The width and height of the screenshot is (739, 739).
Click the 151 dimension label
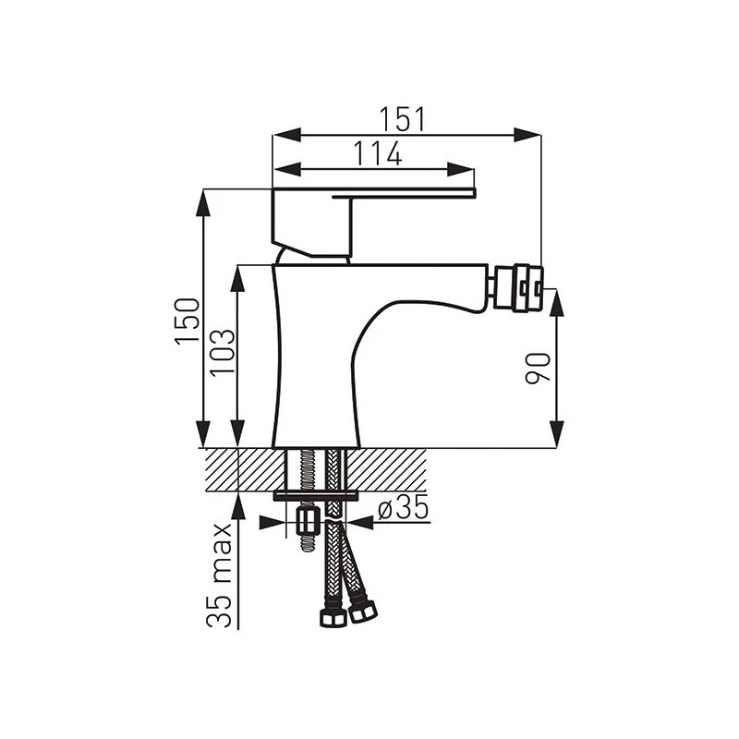403,119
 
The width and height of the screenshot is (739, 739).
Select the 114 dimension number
378,153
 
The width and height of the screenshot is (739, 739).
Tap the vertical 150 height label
188,321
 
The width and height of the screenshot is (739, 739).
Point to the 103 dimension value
222,352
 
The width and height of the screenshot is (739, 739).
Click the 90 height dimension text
538,368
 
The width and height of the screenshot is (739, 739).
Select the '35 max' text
219,575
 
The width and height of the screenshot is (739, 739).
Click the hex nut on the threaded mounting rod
308,521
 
